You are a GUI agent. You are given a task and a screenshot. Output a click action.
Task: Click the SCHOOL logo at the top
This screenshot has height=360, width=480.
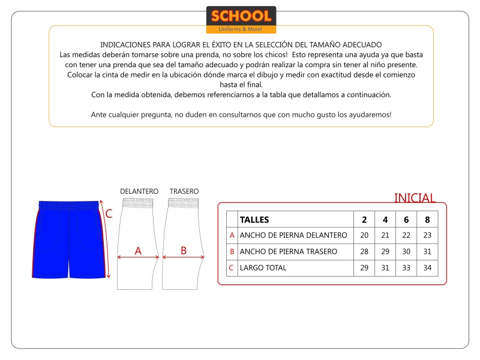point(241,20)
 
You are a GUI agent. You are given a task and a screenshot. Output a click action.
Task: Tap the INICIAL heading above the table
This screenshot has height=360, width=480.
point(415,198)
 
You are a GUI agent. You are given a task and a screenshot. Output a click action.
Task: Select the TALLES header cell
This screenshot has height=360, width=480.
point(254,220)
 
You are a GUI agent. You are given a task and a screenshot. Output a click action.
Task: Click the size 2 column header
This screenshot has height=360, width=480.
point(364,220)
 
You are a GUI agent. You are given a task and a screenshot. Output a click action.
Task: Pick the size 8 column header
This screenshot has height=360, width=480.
point(427,220)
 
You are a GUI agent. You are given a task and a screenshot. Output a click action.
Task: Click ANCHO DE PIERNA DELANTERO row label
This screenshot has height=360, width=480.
point(293,236)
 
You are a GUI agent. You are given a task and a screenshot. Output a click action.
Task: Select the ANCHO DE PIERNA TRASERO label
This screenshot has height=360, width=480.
point(289,252)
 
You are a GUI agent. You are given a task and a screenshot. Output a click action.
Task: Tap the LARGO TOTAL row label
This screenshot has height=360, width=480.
point(263,268)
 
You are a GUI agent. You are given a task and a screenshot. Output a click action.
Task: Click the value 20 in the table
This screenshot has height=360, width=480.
point(364,236)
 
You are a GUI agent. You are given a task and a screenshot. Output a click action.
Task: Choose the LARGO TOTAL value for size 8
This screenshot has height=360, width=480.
point(427,268)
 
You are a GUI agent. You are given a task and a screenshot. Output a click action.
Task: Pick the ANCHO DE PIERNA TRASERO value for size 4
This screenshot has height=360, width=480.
point(385,252)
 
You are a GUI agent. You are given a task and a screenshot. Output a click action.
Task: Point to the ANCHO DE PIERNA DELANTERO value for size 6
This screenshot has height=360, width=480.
point(406,236)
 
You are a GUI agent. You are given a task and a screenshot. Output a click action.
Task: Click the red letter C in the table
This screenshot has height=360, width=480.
point(232,268)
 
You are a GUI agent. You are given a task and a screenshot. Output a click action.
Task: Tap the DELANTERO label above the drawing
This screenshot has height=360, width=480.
point(139,191)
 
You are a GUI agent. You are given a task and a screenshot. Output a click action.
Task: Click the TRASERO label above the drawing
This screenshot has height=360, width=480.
point(184,191)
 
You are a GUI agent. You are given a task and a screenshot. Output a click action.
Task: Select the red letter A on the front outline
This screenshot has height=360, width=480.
point(138,251)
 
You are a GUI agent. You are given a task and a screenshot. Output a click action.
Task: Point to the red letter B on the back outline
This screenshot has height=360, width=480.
point(184,251)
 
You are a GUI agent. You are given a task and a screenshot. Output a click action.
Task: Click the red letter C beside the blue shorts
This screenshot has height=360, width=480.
point(109,214)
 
